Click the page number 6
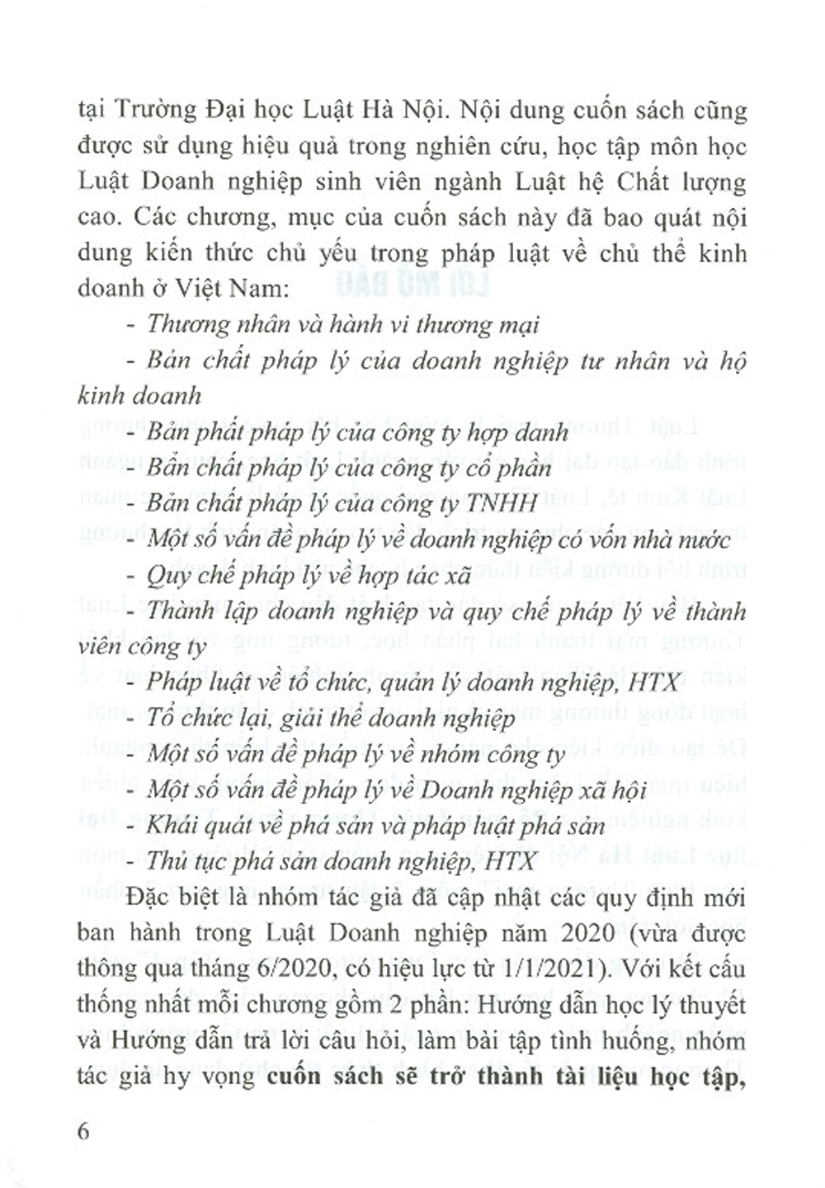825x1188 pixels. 82,1130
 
